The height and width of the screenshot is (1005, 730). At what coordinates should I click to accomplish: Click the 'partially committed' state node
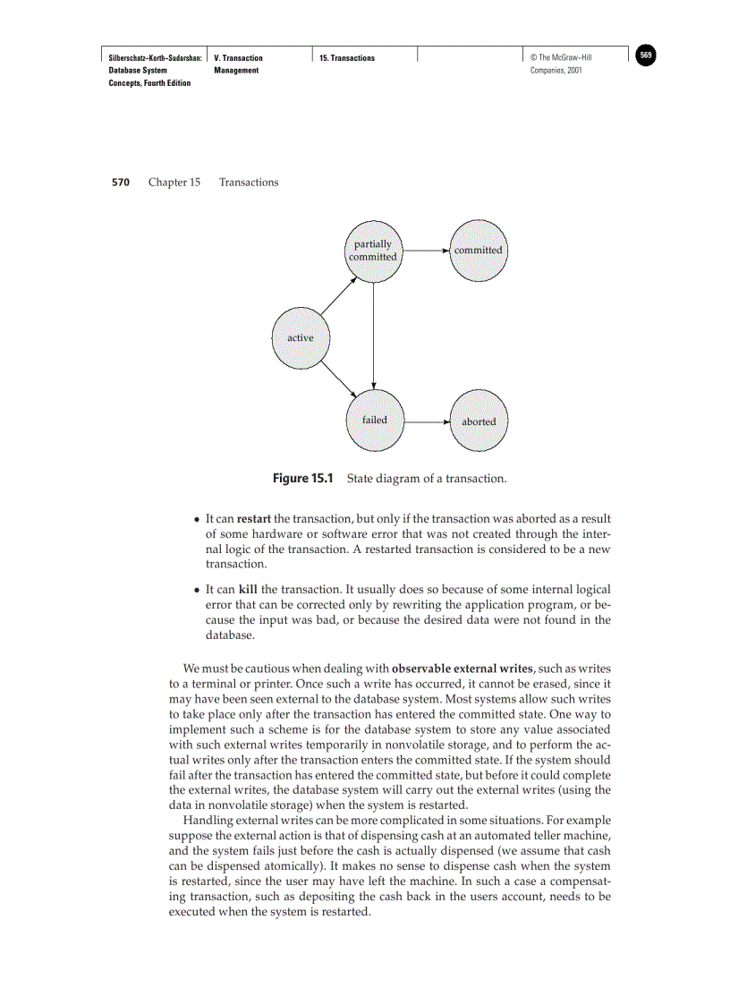373,251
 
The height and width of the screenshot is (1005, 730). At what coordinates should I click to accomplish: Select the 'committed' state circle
478,251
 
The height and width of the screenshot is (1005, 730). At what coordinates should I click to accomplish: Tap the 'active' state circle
301,337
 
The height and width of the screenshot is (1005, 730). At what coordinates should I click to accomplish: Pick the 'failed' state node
375,420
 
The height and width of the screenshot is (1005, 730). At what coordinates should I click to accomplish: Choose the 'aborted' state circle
479,421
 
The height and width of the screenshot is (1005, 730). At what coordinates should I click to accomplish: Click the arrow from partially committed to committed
425,251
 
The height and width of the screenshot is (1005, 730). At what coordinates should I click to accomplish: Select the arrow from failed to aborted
426,421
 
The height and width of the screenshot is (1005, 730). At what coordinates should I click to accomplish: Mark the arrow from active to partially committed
337,297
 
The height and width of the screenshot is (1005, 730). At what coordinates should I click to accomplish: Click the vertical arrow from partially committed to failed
374,336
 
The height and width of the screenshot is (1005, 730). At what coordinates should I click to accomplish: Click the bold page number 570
121,183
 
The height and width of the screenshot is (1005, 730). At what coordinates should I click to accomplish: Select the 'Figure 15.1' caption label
301,479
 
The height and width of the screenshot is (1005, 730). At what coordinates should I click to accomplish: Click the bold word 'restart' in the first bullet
254,519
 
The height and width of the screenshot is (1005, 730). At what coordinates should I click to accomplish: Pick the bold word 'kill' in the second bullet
248,590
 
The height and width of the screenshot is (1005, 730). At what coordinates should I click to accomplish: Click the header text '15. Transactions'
347,58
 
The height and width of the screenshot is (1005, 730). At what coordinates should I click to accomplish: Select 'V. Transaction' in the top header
239,58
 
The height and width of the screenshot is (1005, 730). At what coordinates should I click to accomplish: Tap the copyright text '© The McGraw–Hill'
561,58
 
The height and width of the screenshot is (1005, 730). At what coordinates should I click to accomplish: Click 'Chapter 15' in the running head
174,183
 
